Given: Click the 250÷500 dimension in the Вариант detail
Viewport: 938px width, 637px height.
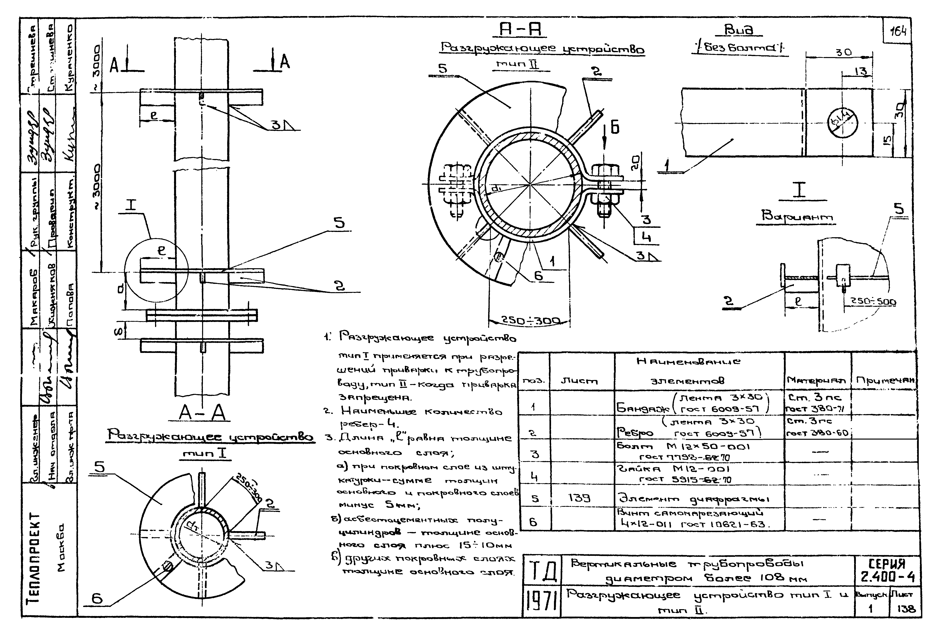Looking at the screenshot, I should (873, 302).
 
